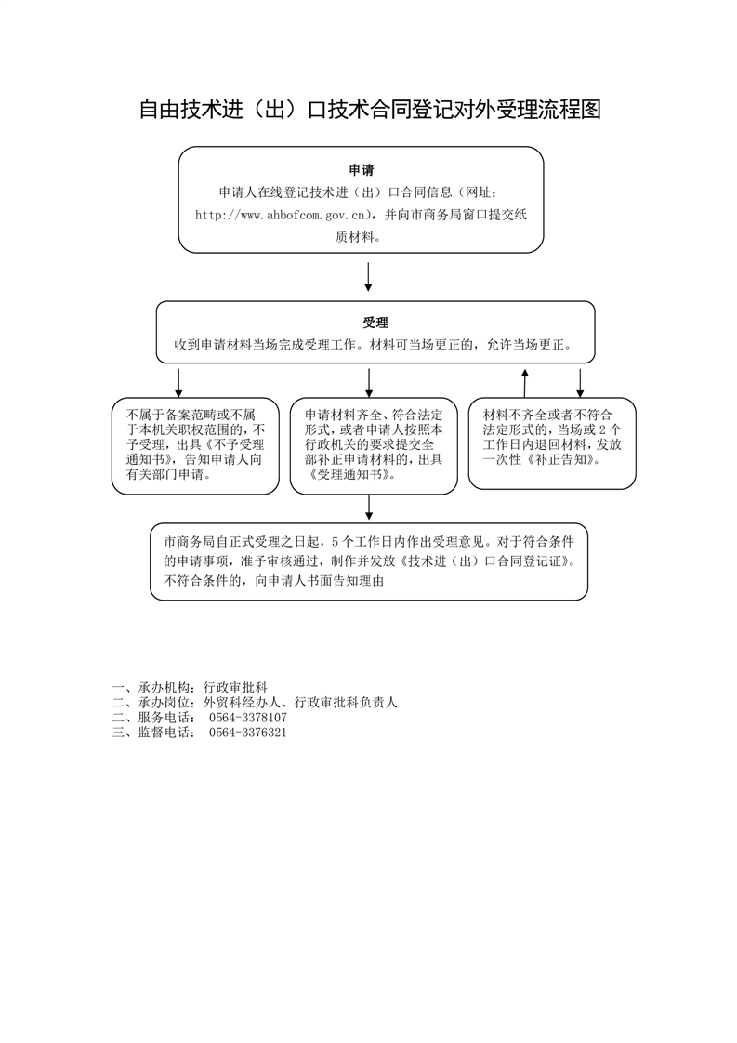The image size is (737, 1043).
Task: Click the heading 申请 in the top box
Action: [362, 170]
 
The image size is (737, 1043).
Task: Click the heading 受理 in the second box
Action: [375, 323]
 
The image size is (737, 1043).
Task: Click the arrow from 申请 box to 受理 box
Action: [368, 276]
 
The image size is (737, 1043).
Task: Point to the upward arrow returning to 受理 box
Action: [526, 381]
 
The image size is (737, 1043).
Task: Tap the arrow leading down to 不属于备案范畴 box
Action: [178, 381]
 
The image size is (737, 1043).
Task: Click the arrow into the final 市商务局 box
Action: [369, 508]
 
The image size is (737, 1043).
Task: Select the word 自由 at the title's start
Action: [159, 109]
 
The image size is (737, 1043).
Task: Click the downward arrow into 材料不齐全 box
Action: [580, 381]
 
